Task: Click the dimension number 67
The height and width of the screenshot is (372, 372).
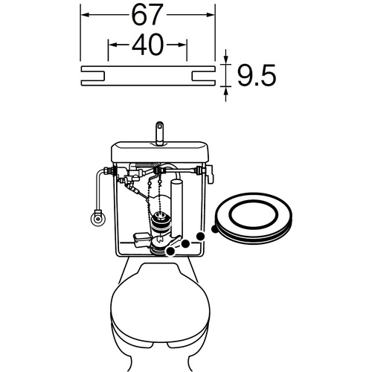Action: [x=147, y=15]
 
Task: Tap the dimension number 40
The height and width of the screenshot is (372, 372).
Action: [x=148, y=45]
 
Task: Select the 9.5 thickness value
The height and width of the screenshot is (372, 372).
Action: [x=257, y=76]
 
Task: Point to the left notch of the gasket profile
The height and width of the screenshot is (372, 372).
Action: [x=93, y=76]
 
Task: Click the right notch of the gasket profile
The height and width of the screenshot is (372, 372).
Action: [x=203, y=76]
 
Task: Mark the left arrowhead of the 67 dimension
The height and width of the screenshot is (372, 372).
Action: [x=86, y=15]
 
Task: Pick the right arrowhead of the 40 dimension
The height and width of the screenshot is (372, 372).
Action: [x=182, y=45]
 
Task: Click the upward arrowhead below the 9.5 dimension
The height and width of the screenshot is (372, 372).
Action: [x=225, y=91]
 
